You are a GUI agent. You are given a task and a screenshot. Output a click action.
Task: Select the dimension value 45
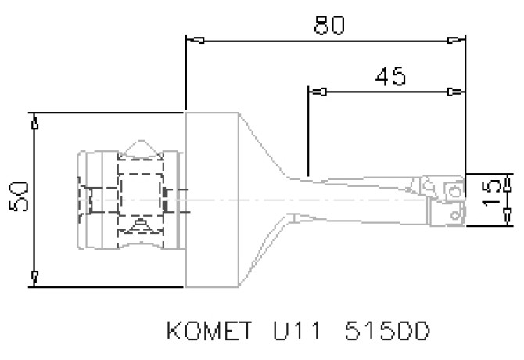point(389,77)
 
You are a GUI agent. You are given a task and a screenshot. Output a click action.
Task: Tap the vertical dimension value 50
point(19,198)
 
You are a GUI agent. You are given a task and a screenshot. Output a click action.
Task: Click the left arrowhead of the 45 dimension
point(318,92)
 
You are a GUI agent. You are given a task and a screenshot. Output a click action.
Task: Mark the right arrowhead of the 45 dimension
point(454,92)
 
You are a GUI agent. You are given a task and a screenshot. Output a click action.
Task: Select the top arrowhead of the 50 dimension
point(34,123)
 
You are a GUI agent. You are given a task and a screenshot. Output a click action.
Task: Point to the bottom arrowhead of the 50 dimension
point(34,276)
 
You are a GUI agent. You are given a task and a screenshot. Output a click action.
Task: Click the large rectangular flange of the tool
point(211,199)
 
